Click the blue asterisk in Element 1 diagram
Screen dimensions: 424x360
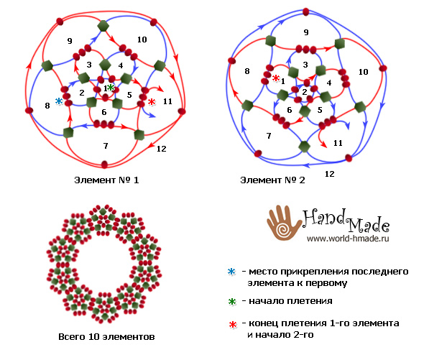point(59,101)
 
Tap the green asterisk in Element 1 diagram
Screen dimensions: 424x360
point(111,87)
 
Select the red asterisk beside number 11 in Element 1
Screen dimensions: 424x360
point(152,102)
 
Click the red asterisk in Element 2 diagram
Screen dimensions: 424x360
point(276,78)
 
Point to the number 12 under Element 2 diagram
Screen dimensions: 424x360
point(330,174)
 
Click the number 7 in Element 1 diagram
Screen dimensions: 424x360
point(106,146)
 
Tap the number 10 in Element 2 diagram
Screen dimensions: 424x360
point(364,72)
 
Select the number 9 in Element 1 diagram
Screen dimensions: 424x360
point(70,41)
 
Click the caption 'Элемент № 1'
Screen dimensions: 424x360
point(106,180)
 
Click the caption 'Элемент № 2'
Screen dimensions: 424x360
point(272,180)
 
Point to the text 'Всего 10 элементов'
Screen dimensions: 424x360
point(106,337)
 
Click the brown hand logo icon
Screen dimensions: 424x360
point(284,223)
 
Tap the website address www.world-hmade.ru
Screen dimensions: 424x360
point(348,239)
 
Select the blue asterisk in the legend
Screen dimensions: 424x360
point(231,272)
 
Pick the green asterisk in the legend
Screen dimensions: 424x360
point(232,301)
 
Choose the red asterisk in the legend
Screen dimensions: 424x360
point(233,324)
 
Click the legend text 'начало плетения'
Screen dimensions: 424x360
point(290,301)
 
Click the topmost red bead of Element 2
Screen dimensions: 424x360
point(306,11)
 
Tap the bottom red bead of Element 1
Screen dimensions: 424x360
point(104,164)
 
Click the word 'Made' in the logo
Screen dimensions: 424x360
point(368,224)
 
